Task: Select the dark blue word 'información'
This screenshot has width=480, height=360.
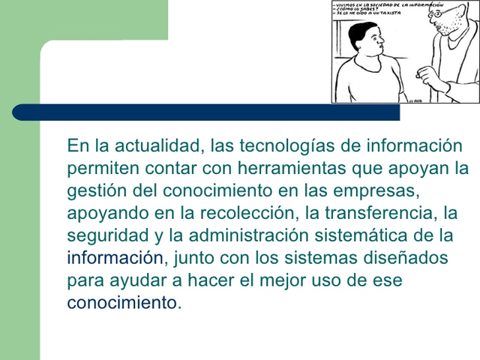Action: pyautogui.click(x=114, y=259)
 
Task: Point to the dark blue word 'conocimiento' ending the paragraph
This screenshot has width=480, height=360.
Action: pyautogui.click(x=122, y=304)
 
